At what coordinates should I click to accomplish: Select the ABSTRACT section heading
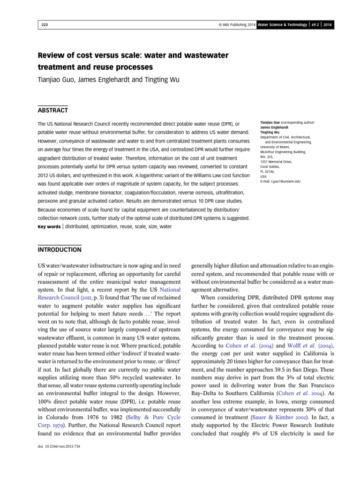[x=53, y=111]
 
